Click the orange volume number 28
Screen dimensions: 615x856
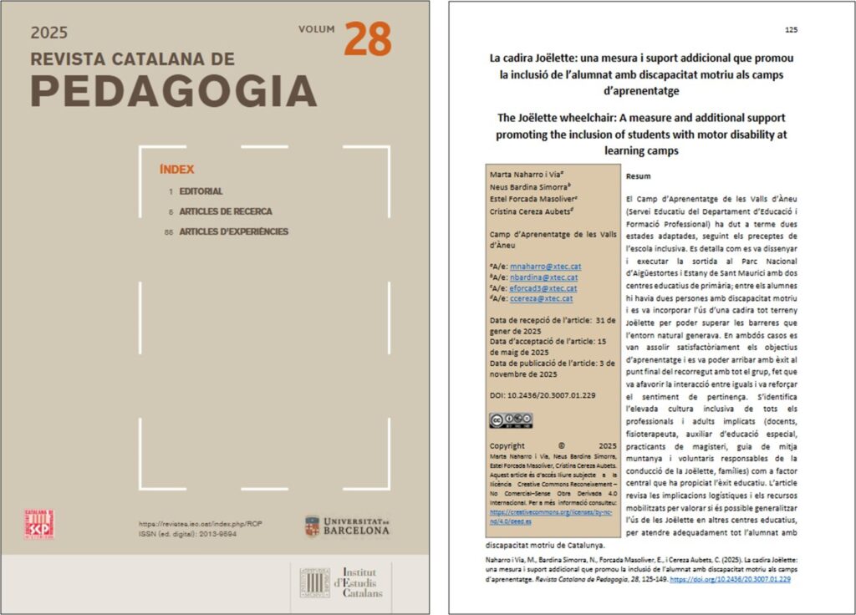(367, 39)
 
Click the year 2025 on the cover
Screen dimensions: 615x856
(49, 33)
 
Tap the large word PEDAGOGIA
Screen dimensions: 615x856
(174, 90)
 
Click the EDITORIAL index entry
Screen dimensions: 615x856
(201, 191)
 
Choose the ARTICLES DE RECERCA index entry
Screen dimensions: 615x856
(225, 211)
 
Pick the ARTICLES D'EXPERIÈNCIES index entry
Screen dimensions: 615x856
(233, 231)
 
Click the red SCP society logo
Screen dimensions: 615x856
(39, 524)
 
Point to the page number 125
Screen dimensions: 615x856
(791, 30)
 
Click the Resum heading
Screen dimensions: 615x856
(638, 177)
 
